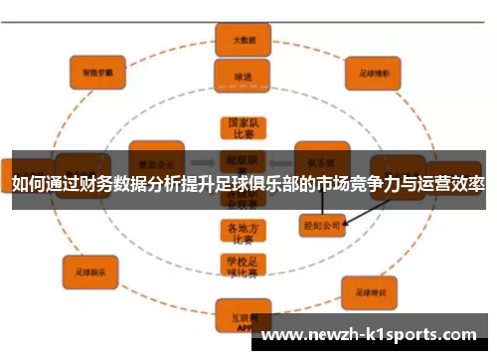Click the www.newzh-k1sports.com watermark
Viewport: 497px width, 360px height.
tap(374, 335)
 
